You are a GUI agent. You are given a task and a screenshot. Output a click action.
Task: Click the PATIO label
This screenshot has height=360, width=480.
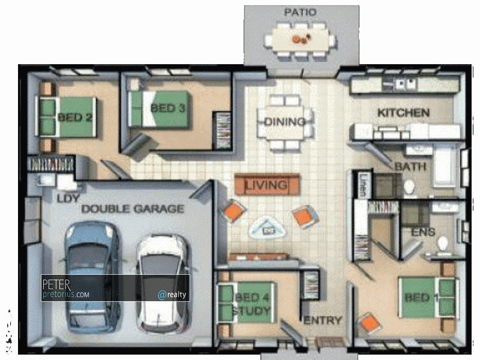click(299, 12)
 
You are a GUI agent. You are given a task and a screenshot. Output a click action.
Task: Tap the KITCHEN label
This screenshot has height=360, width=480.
click(403, 113)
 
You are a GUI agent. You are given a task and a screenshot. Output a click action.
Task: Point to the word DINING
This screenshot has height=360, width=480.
click(284, 122)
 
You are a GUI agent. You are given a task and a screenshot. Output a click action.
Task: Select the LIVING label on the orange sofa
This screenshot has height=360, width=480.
click(266, 185)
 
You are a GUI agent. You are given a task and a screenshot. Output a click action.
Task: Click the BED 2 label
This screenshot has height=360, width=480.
click(75, 117)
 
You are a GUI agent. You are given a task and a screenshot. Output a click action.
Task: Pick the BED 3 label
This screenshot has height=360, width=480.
click(168, 108)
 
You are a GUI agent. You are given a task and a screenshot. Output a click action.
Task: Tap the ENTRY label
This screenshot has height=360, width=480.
click(323, 320)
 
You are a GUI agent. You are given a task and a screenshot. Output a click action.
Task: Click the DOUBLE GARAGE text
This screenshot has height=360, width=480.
click(133, 209)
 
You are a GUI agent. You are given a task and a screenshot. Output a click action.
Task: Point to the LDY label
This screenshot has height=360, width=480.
click(68, 199)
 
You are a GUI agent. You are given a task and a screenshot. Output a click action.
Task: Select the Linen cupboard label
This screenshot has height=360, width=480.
click(362, 185)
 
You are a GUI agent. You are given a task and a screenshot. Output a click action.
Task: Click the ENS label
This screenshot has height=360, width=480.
click(423, 232)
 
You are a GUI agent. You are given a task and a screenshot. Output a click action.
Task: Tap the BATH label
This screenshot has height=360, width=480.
click(410, 166)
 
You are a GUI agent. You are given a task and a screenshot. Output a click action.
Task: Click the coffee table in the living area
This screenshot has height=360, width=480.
click(267, 227)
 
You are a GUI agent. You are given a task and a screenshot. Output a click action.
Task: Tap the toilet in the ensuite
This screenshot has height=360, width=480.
click(443, 245)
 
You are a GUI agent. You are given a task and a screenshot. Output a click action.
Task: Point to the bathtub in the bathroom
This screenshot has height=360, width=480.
click(445, 166)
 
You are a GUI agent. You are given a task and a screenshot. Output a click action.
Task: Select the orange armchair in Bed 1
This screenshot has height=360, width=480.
click(370, 323)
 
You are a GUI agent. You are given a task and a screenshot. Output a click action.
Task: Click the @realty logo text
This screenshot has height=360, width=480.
click(172, 295)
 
